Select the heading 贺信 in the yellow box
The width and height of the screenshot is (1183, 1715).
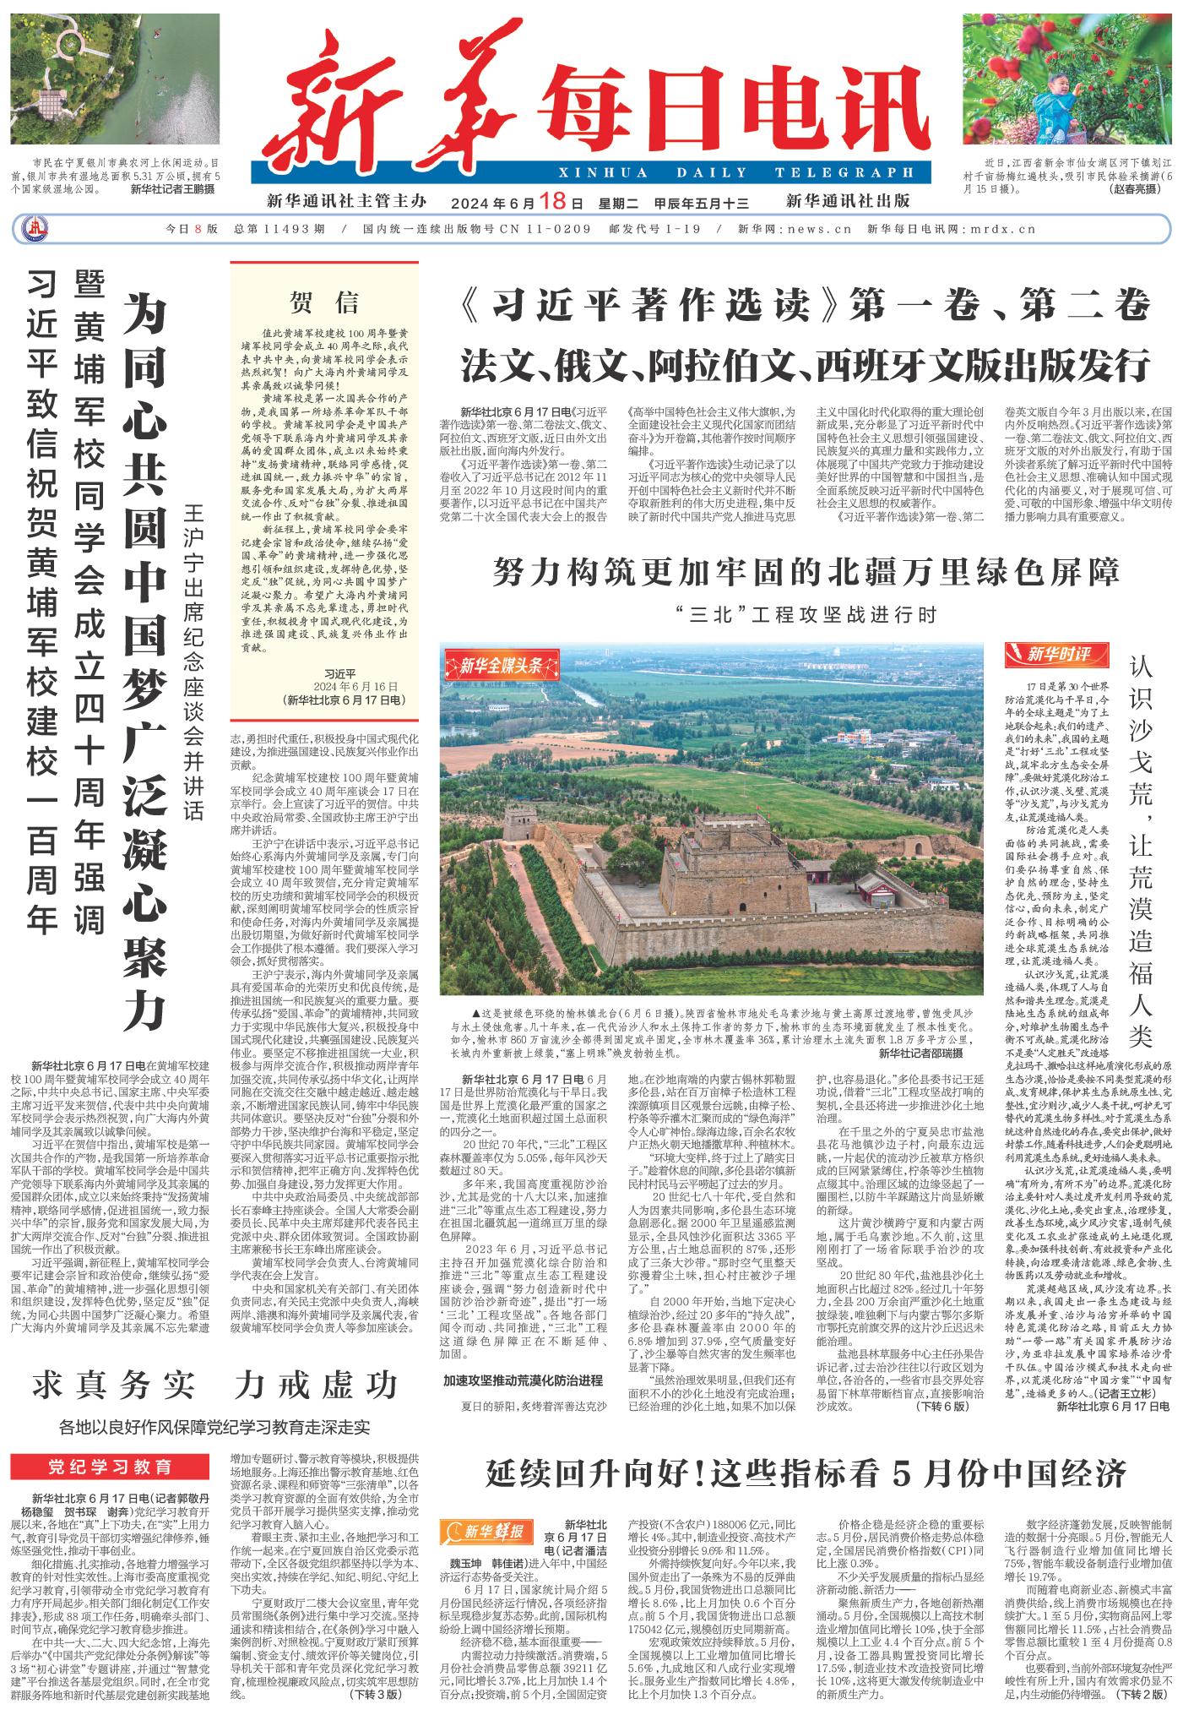click(324, 302)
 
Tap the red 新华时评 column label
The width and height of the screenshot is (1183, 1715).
click(1059, 654)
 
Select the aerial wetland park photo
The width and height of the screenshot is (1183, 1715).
click(116, 79)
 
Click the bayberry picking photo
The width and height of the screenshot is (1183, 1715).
click(1068, 79)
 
